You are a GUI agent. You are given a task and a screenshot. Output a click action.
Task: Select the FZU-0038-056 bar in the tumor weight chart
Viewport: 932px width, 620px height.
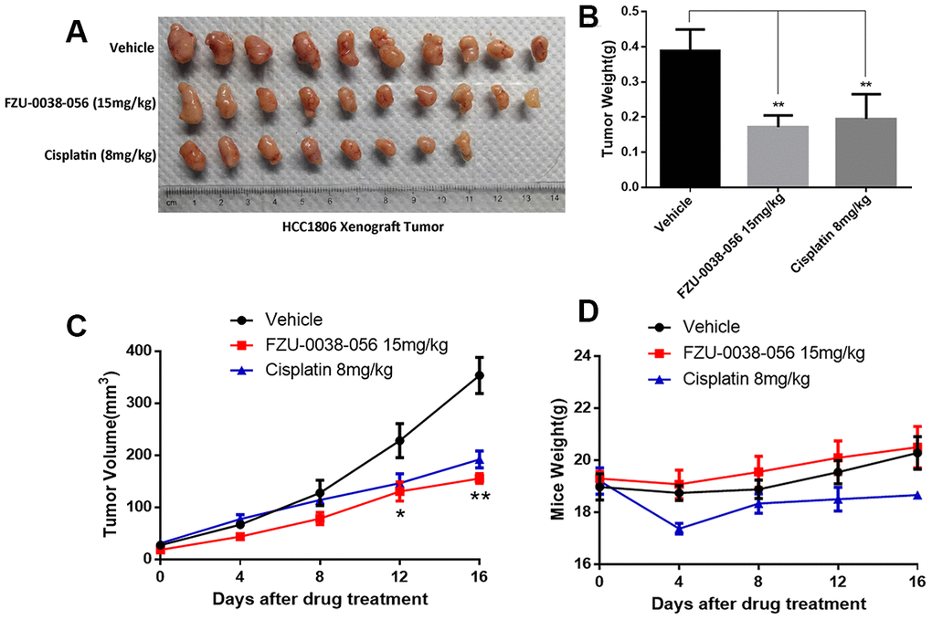pyautogui.click(x=778, y=156)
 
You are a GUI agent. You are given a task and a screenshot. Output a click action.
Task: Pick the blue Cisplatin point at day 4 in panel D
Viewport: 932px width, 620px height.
pyautogui.click(x=679, y=529)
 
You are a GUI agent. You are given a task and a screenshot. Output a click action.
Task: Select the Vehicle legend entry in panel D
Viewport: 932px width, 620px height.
pyautogui.click(x=709, y=328)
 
